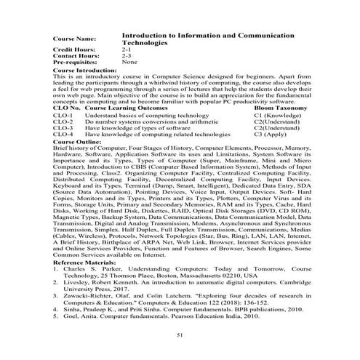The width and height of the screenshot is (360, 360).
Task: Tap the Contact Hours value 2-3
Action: click(127, 55)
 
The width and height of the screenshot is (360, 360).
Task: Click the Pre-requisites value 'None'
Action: click(130, 63)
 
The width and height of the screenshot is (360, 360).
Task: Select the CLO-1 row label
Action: click(63, 115)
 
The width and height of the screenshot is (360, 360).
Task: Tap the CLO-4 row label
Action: click(63, 134)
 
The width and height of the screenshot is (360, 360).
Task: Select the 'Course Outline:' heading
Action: click(74, 140)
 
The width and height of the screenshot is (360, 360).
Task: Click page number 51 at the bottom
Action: click(180, 334)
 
